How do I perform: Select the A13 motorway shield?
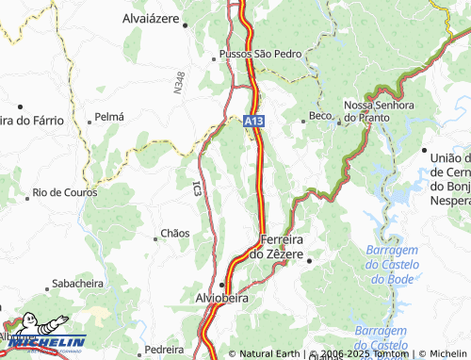point(252,122)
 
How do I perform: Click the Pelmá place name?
point(109,119)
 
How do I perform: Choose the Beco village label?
point(320,117)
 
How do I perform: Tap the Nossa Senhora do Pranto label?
point(379,110)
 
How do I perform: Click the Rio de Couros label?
point(65,191)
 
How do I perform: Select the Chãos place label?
point(175,233)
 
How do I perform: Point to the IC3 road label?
point(196,188)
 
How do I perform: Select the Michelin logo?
point(44,335)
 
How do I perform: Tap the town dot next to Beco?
point(303,118)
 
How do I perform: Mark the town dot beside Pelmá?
point(89,120)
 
